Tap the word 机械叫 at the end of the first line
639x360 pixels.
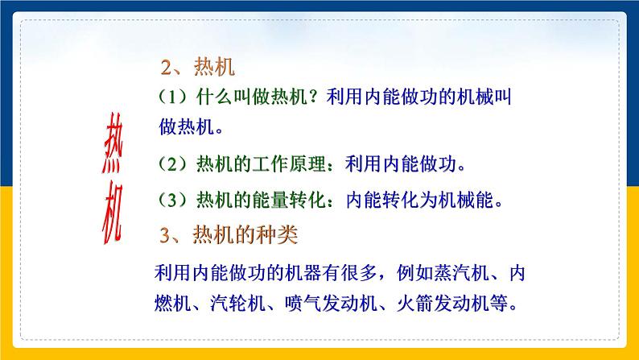pyautogui.click(x=486, y=98)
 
